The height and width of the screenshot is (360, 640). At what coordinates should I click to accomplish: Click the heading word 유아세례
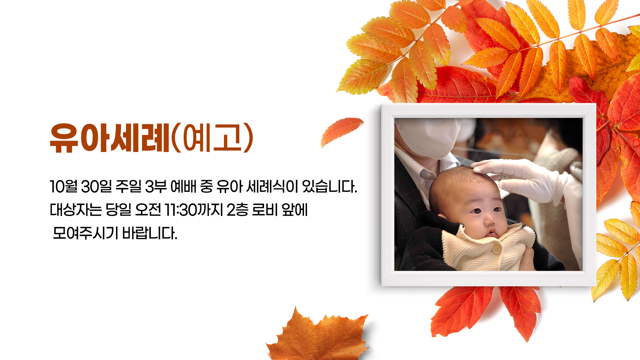coord(110,138)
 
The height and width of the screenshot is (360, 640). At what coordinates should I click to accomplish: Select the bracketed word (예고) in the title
coord(212,138)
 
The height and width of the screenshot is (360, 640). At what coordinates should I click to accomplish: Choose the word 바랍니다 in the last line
coord(150,233)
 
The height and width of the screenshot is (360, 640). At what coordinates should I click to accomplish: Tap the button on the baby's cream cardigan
coord(497,249)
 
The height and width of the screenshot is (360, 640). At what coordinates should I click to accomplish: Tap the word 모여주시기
coord(85,233)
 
